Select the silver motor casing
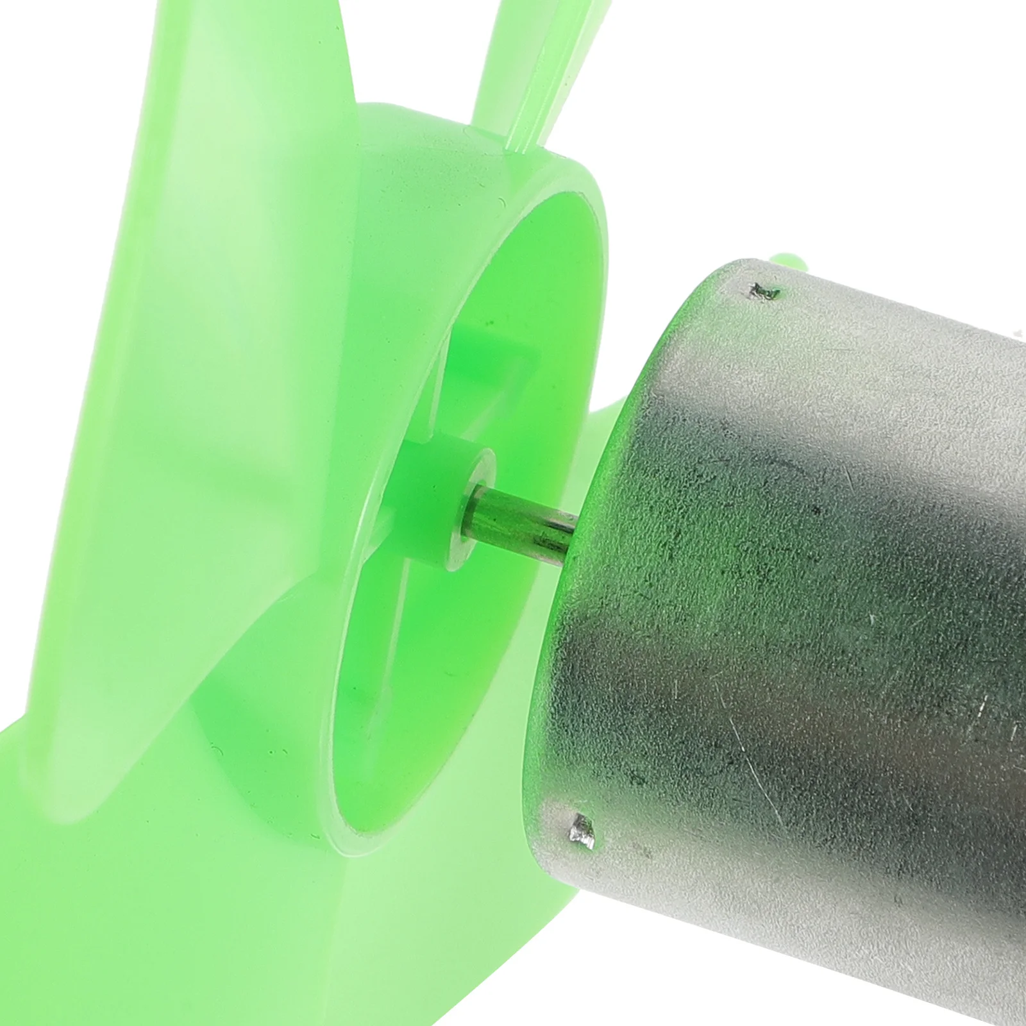point(802,577)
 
